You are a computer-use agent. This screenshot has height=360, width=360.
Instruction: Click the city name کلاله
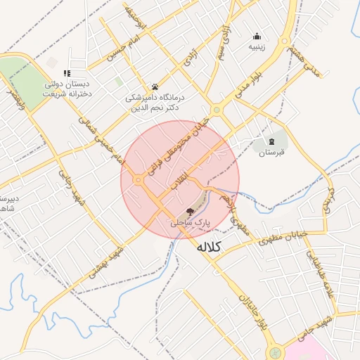[x=208, y=247]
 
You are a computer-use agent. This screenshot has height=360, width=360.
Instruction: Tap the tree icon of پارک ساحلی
[x=190, y=211]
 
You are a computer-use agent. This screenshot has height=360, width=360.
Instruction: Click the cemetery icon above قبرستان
[x=272, y=141]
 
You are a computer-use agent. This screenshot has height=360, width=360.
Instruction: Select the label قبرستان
[x=271, y=152]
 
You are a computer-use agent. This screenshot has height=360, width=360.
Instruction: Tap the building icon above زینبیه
[x=257, y=37]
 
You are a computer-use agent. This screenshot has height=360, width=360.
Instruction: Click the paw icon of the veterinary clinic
[x=155, y=87]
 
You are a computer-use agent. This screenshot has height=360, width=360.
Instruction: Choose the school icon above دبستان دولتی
[x=67, y=73]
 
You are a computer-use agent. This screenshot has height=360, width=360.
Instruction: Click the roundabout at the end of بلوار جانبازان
[x=275, y=352]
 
